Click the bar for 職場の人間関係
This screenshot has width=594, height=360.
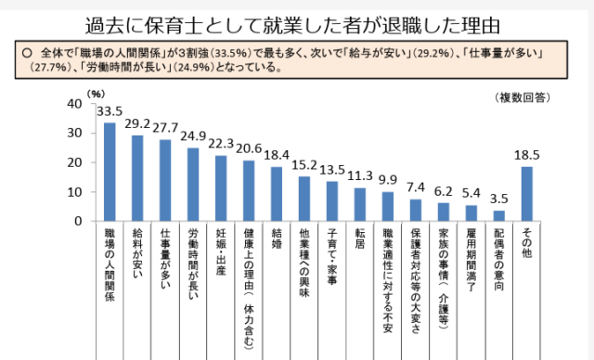click(109, 172)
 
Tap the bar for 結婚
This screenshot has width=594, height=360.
click(277, 194)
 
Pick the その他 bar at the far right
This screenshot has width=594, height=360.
click(526, 194)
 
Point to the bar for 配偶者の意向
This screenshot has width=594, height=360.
click(498, 216)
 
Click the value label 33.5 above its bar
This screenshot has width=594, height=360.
click(110, 111)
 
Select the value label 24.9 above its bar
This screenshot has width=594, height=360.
click(193, 137)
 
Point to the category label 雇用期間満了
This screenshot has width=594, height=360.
click(471, 265)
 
